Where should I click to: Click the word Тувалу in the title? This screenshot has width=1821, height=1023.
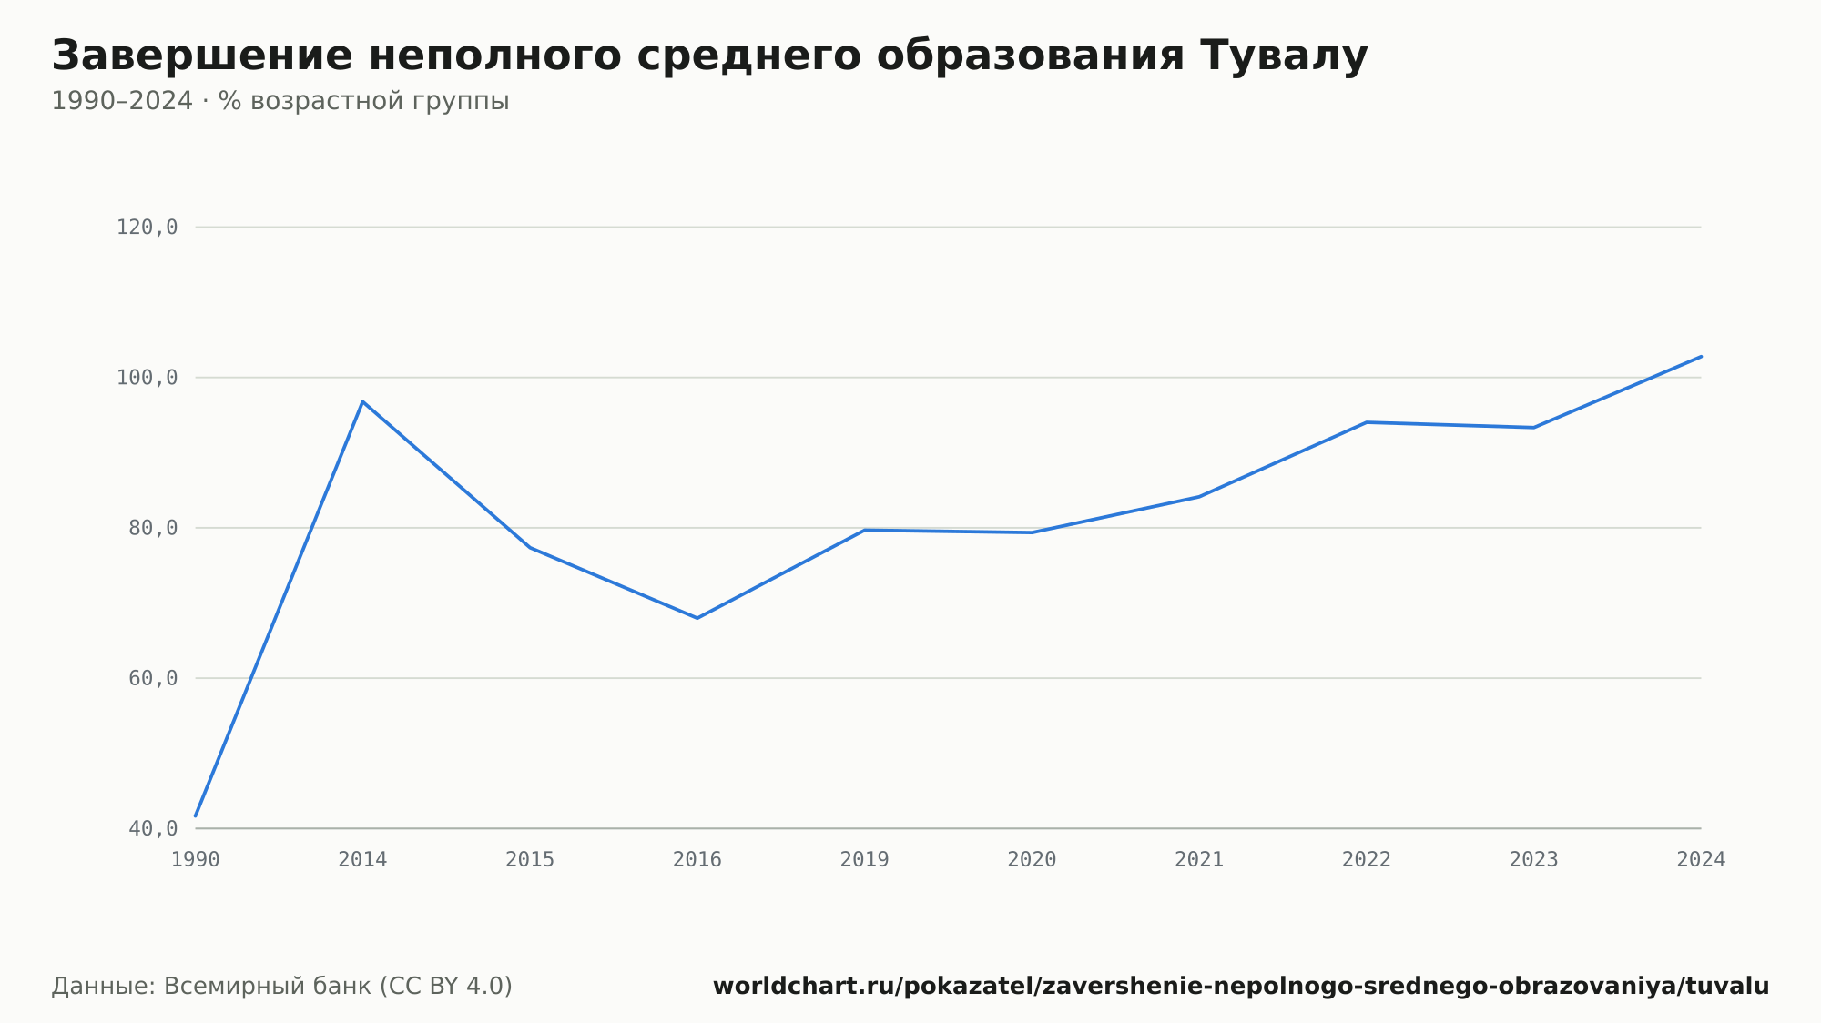coord(1284,56)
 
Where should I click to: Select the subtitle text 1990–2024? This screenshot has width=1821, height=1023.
coord(122,101)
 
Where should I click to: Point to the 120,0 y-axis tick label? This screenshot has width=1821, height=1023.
coord(147,228)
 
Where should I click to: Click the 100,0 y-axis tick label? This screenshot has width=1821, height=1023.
coord(147,378)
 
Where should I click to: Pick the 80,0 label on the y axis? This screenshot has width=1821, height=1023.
coord(153,528)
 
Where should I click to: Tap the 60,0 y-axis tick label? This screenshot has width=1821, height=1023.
coord(153,678)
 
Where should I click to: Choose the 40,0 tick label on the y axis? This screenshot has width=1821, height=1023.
coord(153,828)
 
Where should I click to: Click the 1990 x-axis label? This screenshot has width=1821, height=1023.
coord(196,860)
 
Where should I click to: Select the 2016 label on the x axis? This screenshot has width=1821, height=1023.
coord(697,860)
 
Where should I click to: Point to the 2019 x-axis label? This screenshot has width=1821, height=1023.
coord(865,860)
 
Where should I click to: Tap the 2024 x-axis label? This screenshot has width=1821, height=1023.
coord(1701,860)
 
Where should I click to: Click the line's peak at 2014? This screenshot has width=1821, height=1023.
coord(362,401)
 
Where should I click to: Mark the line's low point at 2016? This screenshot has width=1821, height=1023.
coord(697,618)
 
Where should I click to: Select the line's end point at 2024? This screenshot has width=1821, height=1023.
coord(1701,356)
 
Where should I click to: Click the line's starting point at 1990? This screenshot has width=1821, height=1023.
coord(196,815)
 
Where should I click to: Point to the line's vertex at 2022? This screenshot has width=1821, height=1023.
coord(1367,422)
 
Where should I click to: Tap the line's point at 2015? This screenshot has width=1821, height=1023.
coord(530,547)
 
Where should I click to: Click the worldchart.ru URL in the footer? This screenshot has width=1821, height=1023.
coord(1241,987)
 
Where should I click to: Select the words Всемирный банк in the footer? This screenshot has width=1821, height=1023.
coord(268,987)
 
